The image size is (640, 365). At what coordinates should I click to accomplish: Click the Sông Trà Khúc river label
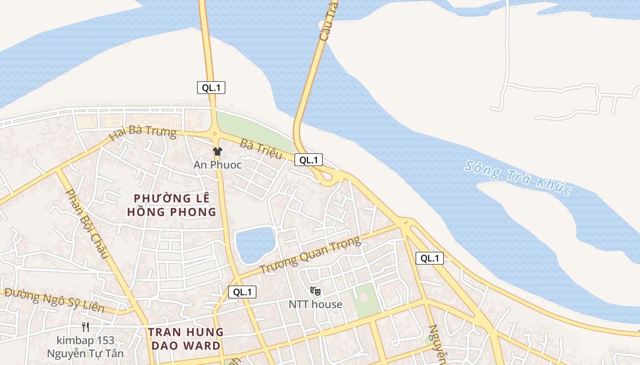[x=518, y=177]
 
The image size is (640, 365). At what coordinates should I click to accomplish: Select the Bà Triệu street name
[x=261, y=150]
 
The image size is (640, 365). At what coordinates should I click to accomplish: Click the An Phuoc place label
[x=217, y=165]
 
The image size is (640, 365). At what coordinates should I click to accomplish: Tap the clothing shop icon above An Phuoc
[x=217, y=151]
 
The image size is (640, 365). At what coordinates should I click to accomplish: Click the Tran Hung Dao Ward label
[x=185, y=339]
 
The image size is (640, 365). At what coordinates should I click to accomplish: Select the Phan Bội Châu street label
[x=87, y=224]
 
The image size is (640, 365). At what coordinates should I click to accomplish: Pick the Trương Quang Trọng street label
[x=310, y=255]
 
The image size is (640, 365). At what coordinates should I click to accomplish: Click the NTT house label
[x=315, y=304]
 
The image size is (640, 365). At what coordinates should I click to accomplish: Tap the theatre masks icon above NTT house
[x=315, y=291]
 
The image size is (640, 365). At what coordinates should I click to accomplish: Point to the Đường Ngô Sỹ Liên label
[x=54, y=302]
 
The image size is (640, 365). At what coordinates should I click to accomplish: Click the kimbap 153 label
[x=85, y=340]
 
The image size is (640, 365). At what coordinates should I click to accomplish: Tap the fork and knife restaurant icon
[x=85, y=327]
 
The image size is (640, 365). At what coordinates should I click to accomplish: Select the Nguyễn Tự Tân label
[x=85, y=353]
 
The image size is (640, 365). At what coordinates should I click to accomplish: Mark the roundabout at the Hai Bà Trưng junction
[x=214, y=134]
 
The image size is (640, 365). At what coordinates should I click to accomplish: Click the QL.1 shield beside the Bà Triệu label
[x=309, y=160]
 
